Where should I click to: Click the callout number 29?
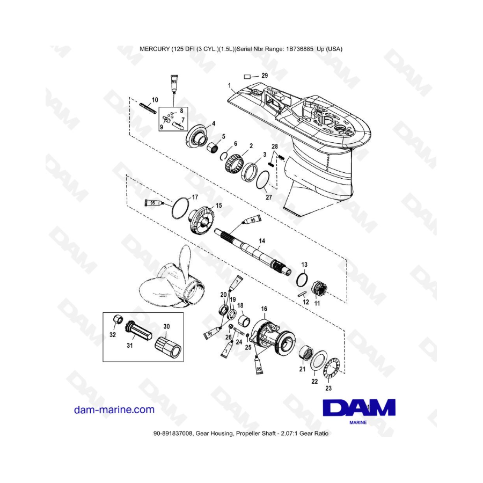tap(264, 76)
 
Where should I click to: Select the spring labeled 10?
tap(150, 108)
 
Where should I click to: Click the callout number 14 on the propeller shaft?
tap(262, 241)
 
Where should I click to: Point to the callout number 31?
tap(129, 346)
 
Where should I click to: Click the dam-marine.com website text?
tap(114, 409)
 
